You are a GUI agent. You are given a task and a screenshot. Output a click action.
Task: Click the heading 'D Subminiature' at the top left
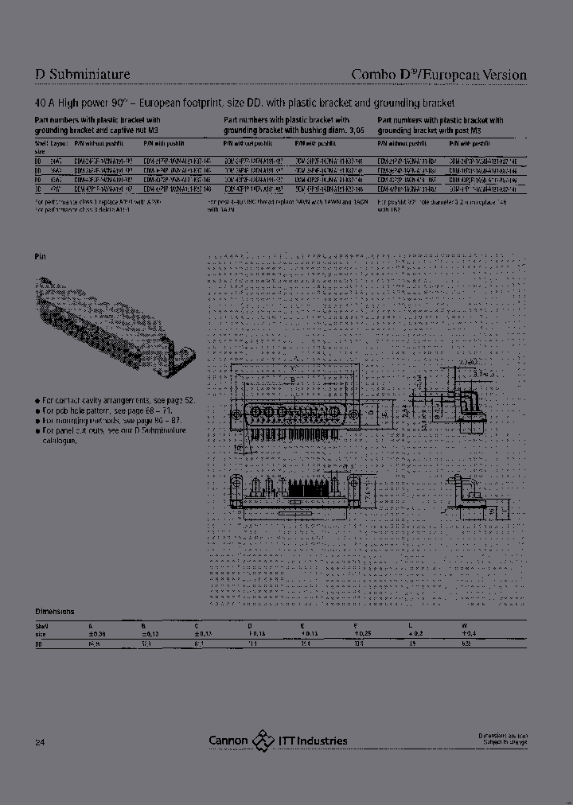tap(83, 75)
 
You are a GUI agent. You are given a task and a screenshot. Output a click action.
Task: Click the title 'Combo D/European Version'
tap(439, 75)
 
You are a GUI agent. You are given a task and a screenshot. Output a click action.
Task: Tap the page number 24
tap(40, 742)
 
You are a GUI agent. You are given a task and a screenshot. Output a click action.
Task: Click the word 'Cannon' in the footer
tap(228, 741)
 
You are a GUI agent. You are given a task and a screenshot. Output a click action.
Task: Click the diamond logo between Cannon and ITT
tap(263, 741)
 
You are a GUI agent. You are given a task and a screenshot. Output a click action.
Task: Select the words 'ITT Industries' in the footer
tap(313, 741)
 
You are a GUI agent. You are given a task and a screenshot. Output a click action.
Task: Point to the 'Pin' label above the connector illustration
tap(41, 257)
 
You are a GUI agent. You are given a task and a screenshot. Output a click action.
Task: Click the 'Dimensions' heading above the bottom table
tap(55, 611)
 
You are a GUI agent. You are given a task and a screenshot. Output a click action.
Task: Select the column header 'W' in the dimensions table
tap(464, 626)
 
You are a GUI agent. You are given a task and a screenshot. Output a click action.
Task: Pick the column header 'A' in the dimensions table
tap(90, 626)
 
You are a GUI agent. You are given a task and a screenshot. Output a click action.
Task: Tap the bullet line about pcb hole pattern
tap(105, 411)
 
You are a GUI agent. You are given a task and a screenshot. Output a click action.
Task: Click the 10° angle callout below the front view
tap(238, 448)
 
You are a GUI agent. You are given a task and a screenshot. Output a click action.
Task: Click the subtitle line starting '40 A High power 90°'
tap(244, 103)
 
